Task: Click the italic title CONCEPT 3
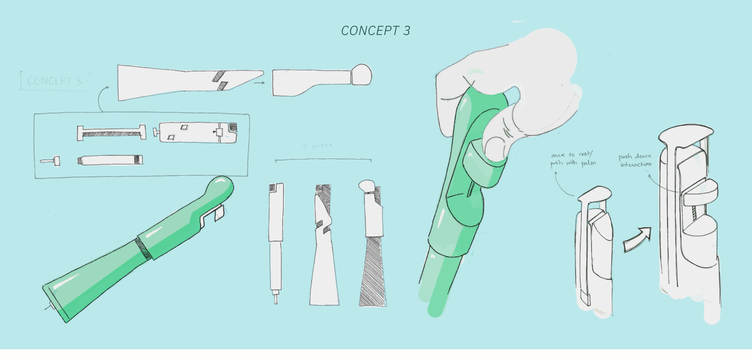tap(375, 31)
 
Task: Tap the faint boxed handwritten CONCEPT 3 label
tap(54, 81)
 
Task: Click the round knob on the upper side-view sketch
tap(361, 74)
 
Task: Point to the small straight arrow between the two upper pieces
tap(259, 83)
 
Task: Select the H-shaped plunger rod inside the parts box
tap(112, 132)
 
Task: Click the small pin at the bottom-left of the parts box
tap(50, 160)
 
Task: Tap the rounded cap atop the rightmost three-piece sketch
tap(367, 186)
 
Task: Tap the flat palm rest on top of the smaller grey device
tap(595, 193)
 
